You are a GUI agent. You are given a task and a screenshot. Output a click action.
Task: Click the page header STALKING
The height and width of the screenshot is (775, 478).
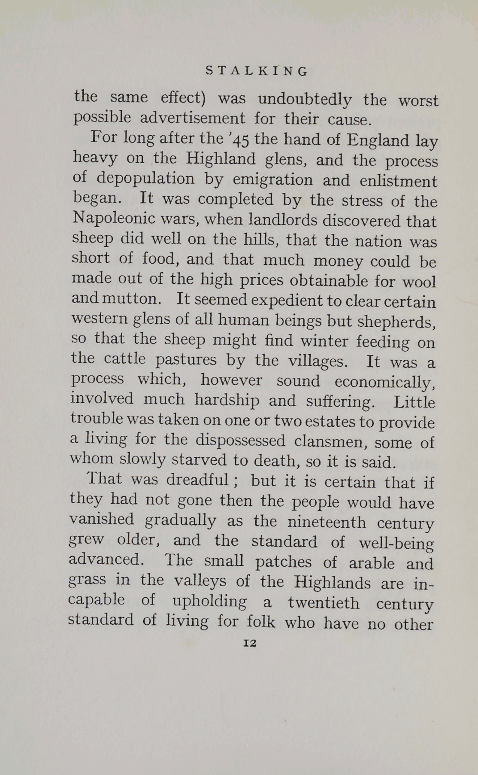coord(257,71)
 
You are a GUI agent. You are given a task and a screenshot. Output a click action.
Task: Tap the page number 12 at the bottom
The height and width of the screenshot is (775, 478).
coord(250,643)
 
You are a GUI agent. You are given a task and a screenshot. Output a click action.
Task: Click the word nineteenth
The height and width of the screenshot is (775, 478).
coord(327,522)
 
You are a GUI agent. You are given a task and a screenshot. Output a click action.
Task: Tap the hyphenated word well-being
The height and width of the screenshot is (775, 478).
coord(396,543)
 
